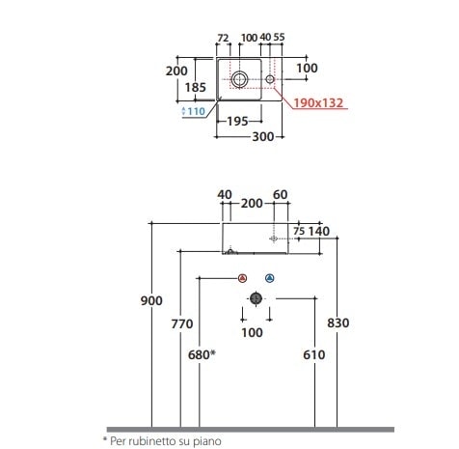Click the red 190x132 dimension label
point(318,103)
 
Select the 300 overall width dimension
point(263,137)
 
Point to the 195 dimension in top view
point(237,122)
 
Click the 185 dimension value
point(196,87)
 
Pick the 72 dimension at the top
point(223,38)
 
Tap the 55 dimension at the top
point(279,37)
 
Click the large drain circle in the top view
point(239,79)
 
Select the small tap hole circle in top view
point(270,79)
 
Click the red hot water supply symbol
point(243,278)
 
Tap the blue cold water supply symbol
point(270,278)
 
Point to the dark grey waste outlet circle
point(256,298)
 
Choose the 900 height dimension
point(151,300)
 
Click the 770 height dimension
point(182,323)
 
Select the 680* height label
point(202,354)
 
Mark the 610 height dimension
point(314,354)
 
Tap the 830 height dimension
point(338,323)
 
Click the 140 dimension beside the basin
point(319,231)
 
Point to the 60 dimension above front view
point(280,195)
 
